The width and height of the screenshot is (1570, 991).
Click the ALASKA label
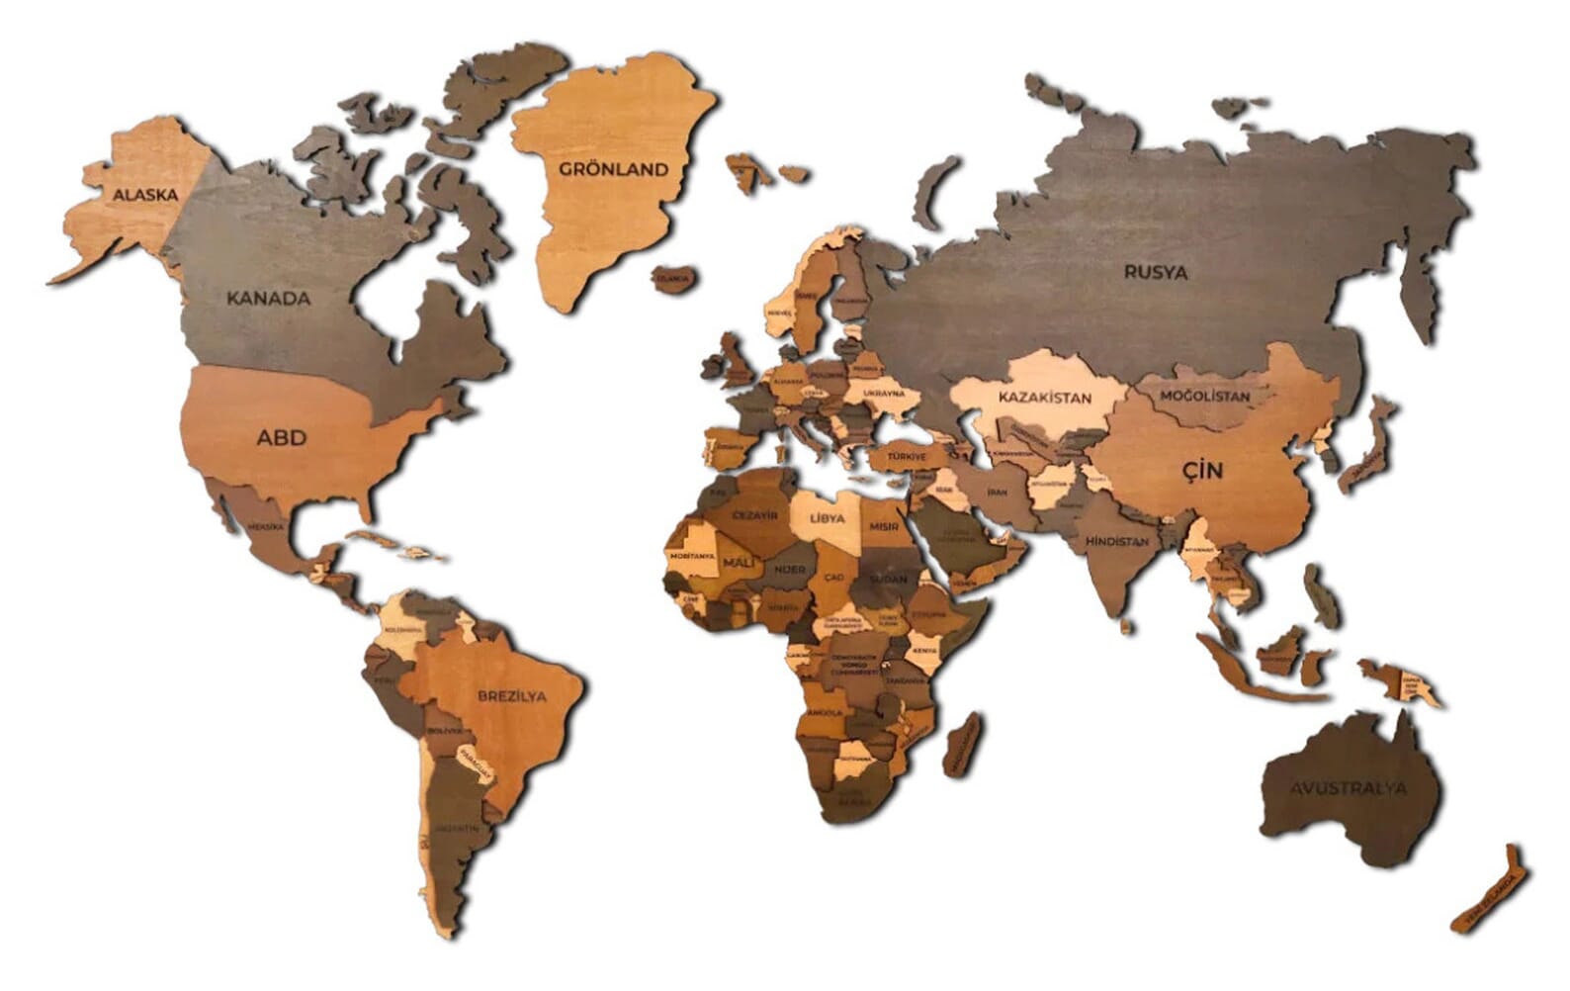coord(145,195)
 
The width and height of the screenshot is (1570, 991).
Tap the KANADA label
coord(269,298)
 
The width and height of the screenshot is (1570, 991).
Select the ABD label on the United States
coord(282,437)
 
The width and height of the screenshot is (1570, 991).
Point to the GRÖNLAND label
coord(614,169)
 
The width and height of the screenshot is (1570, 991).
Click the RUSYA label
coord(1156,272)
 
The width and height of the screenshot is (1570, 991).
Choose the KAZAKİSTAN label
coord(1045,398)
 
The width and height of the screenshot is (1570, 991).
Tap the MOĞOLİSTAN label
coord(1204,397)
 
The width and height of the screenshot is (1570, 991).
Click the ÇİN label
coord(1203,471)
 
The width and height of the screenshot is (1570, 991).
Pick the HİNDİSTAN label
coord(1117,542)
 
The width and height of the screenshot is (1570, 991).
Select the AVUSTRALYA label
coord(1348,788)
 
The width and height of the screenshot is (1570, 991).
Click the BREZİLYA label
coord(512,695)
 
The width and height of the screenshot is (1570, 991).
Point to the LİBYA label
coord(828,518)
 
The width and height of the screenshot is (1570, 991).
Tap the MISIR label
coord(884,526)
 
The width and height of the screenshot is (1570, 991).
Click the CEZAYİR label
coord(754,515)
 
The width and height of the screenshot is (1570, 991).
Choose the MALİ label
coord(738,563)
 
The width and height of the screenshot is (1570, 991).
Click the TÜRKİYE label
coord(906,457)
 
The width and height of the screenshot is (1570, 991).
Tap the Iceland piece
coord(672,279)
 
